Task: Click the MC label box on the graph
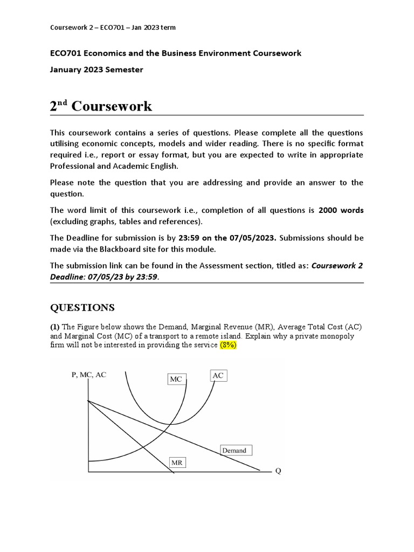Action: pyautogui.click(x=176, y=379)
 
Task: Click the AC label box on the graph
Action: pyautogui.click(x=218, y=375)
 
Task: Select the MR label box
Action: pyautogui.click(x=177, y=463)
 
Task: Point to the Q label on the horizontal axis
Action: pyautogui.click(x=278, y=471)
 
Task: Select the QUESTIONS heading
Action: pyautogui.click(x=82, y=308)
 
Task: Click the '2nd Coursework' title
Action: pyautogui.click(x=101, y=106)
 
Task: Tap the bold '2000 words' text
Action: pyautogui.click(x=341, y=210)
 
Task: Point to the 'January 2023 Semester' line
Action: pyautogui.click(x=96, y=70)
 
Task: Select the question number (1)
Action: pyautogui.click(x=55, y=327)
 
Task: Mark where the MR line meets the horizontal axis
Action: pyautogui.click(x=174, y=473)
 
